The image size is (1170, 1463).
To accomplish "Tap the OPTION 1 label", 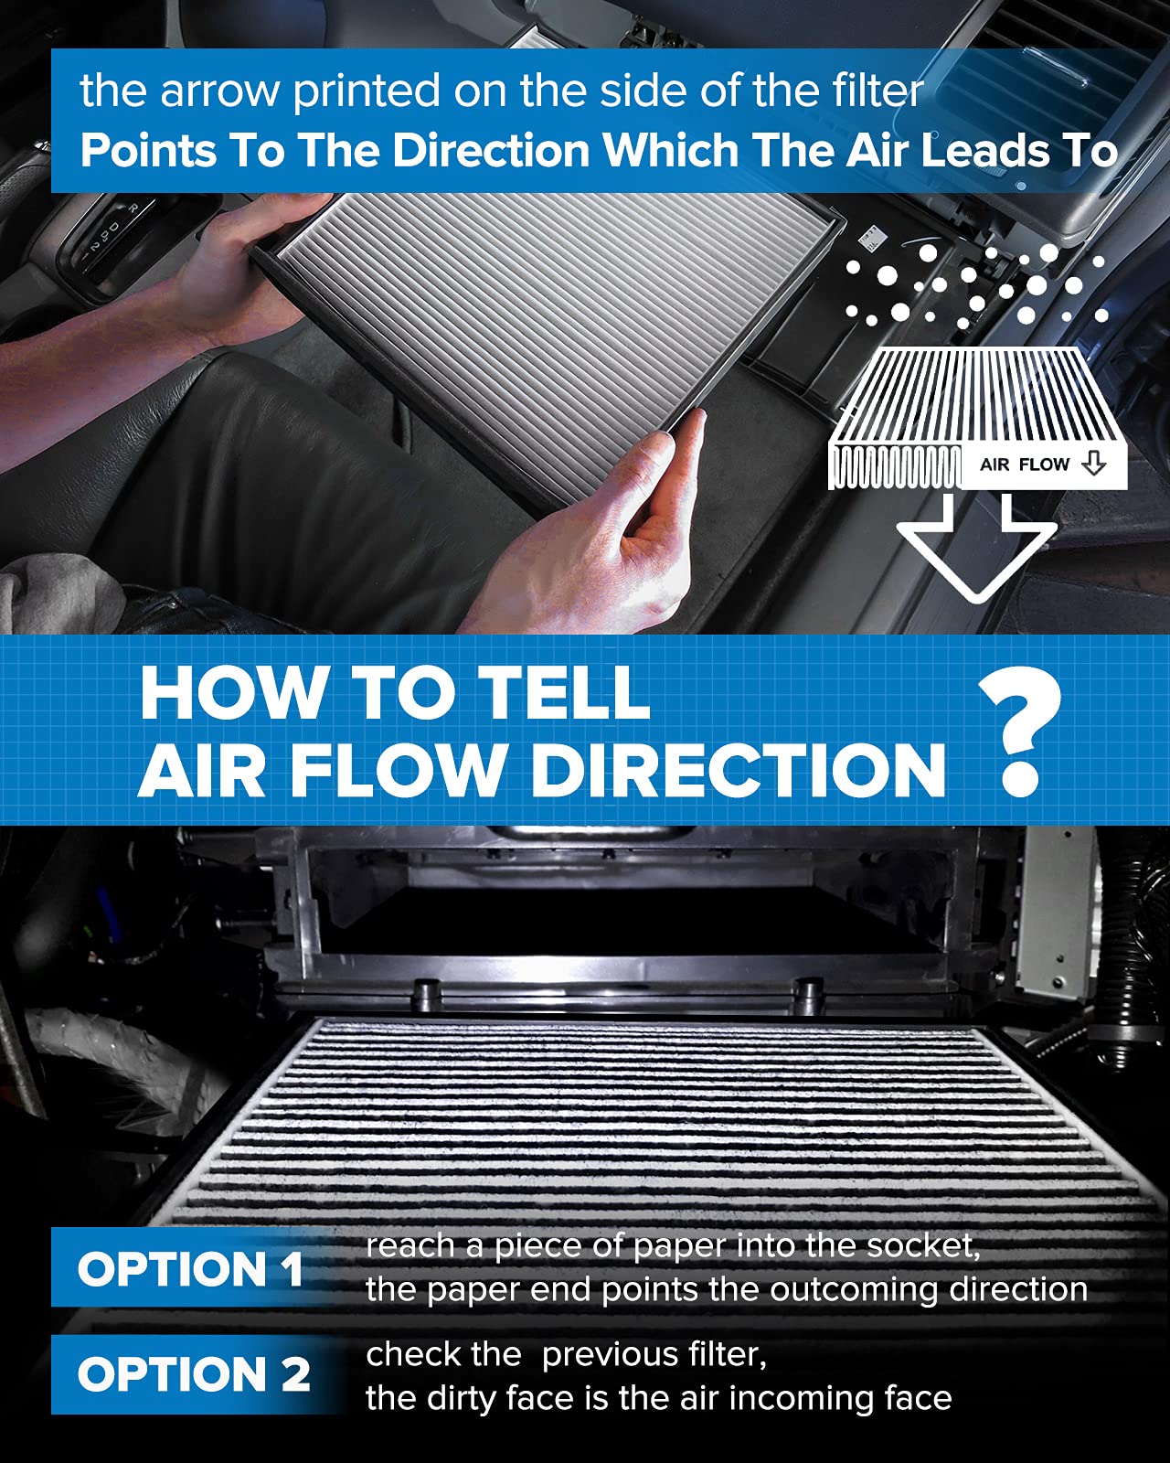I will (190, 1269).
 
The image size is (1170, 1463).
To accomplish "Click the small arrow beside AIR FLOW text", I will (1093, 464).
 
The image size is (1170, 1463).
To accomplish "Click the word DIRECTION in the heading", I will (737, 770).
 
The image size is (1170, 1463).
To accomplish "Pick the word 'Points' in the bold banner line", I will (146, 151).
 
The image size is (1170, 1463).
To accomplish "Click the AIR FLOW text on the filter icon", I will (1024, 465).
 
